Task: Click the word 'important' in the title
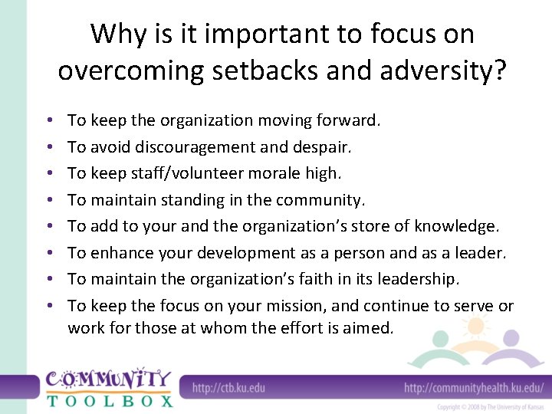254,34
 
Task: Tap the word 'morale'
268,173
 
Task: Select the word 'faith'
323,279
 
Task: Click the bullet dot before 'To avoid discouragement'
48,147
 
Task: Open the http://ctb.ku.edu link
228,388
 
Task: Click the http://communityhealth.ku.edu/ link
473,388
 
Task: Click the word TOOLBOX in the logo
110,399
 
